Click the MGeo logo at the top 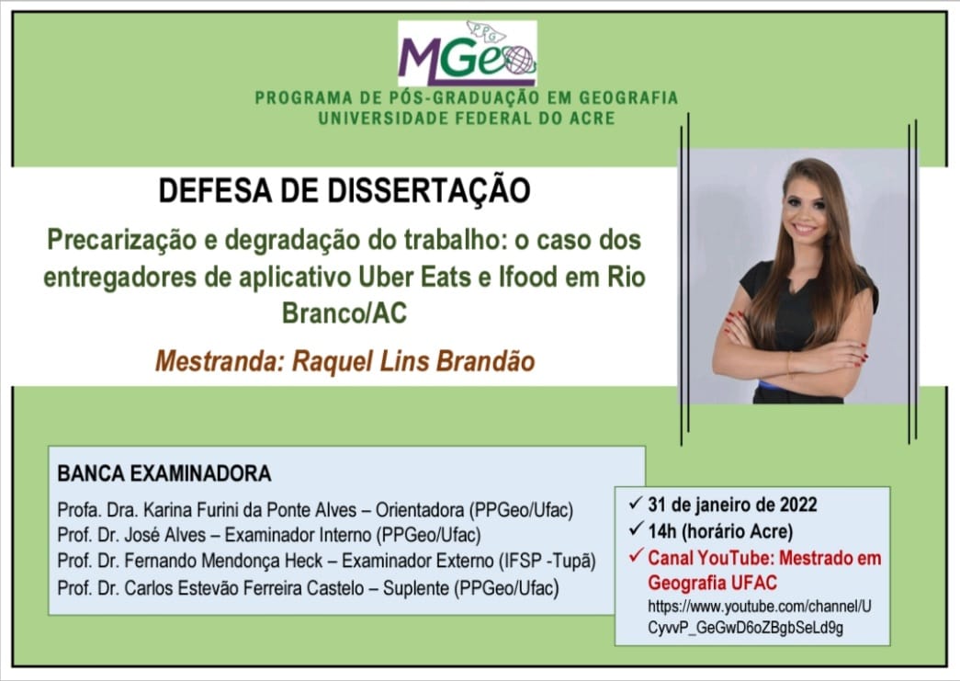point(468,53)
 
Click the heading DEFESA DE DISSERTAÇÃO point(344,190)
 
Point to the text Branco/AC point(344,313)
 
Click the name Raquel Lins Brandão point(414,360)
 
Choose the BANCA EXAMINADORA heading point(164,473)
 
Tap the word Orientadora point(420,510)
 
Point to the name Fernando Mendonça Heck point(223,561)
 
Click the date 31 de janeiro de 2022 point(732,505)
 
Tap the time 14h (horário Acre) point(720,531)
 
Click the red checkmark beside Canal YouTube point(636,555)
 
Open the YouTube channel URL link point(759,618)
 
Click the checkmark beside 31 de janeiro point(636,503)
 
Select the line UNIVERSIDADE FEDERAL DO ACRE point(467,118)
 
